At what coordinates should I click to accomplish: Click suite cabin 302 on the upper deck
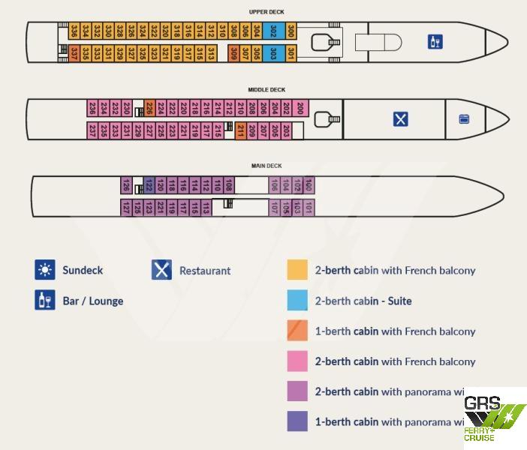273,31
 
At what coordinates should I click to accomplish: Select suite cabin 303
273,53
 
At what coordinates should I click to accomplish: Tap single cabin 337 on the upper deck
74,53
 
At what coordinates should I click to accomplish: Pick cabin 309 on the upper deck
234,53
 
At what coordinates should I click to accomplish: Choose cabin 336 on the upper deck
74,31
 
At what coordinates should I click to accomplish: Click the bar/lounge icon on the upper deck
435,42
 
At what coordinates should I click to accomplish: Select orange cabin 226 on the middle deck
149,108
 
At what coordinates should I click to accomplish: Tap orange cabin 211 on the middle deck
241,130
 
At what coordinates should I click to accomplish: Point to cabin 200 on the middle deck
300,108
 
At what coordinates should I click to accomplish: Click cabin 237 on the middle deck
92,130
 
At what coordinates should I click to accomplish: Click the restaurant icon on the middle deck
401,118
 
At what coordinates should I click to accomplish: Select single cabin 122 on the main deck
149,185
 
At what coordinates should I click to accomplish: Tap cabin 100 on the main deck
309,185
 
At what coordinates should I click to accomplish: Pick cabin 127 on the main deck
126,207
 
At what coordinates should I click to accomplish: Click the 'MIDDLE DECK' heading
267,90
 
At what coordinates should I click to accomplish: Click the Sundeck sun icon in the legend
45,270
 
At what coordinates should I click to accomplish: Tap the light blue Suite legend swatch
297,301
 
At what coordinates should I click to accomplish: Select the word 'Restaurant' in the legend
205,271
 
